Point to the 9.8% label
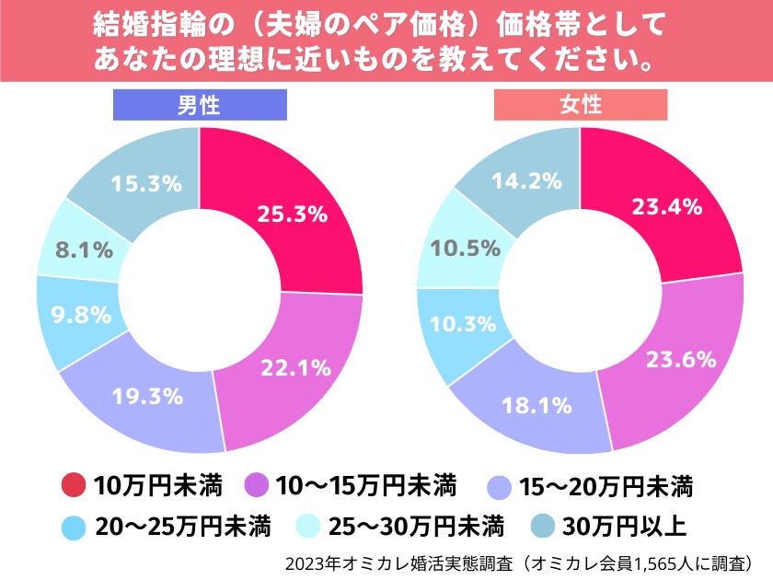coord(75,314)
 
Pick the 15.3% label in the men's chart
coord(145,183)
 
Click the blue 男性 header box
coord(199,106)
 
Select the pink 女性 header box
coord(580,106)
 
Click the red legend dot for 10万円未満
coord(73,484)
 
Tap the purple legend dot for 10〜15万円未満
coord(258,484)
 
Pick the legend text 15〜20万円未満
coord(606,484)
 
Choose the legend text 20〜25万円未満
coord(182,527)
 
